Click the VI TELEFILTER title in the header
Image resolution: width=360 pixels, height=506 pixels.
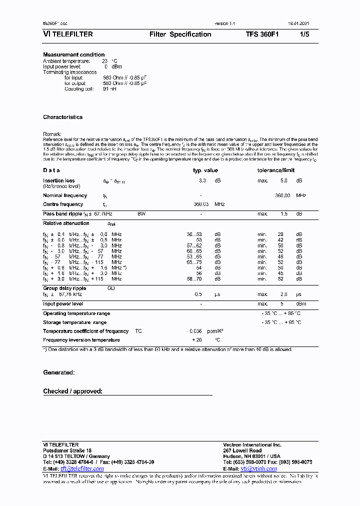[68, 34]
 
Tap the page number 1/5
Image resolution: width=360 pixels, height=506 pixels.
[304, 34]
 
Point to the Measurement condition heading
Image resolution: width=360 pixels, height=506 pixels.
[74, 54]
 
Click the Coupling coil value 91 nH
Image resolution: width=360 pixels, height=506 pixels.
[109, 89]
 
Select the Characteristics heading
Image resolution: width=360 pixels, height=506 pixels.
[63, 117]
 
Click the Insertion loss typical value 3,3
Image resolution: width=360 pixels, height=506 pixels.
[202, 180]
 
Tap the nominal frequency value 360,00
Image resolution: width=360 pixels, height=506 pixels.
[282, 195]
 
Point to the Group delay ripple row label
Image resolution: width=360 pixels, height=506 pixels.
[64, 288]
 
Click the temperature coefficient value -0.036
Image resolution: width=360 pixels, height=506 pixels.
[194, 331]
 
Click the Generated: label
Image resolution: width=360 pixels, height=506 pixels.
[59, 372]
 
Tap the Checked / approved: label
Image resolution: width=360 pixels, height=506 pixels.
[73, 391]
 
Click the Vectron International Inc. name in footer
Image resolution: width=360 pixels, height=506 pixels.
[252, 444]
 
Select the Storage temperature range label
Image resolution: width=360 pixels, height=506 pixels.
[74, 322]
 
